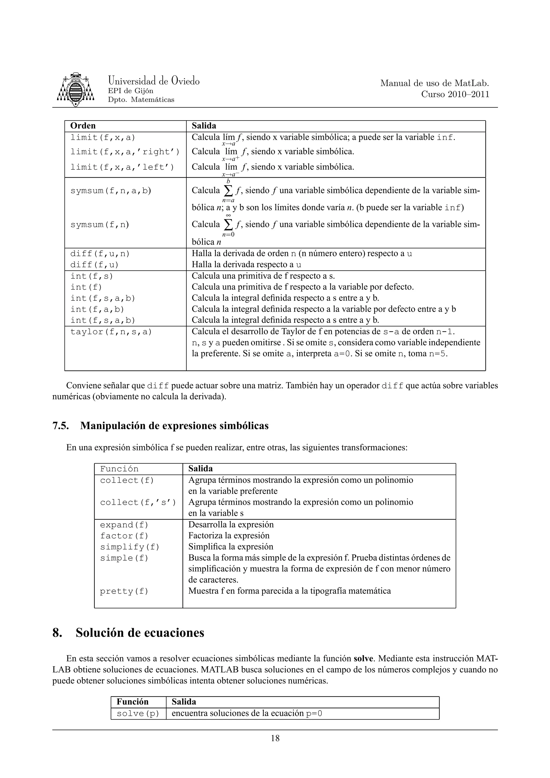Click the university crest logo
(75, 89)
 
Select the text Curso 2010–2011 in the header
(455, 94)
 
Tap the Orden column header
(83, 126)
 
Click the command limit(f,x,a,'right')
(125, 152)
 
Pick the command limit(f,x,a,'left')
(122, 167)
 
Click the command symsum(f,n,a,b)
(110, 191)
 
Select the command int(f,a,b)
(97, 309)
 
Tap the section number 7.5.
(61, 426)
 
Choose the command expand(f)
(124, 525)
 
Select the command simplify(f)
(129, 547)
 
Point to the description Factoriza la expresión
(229, 536)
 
